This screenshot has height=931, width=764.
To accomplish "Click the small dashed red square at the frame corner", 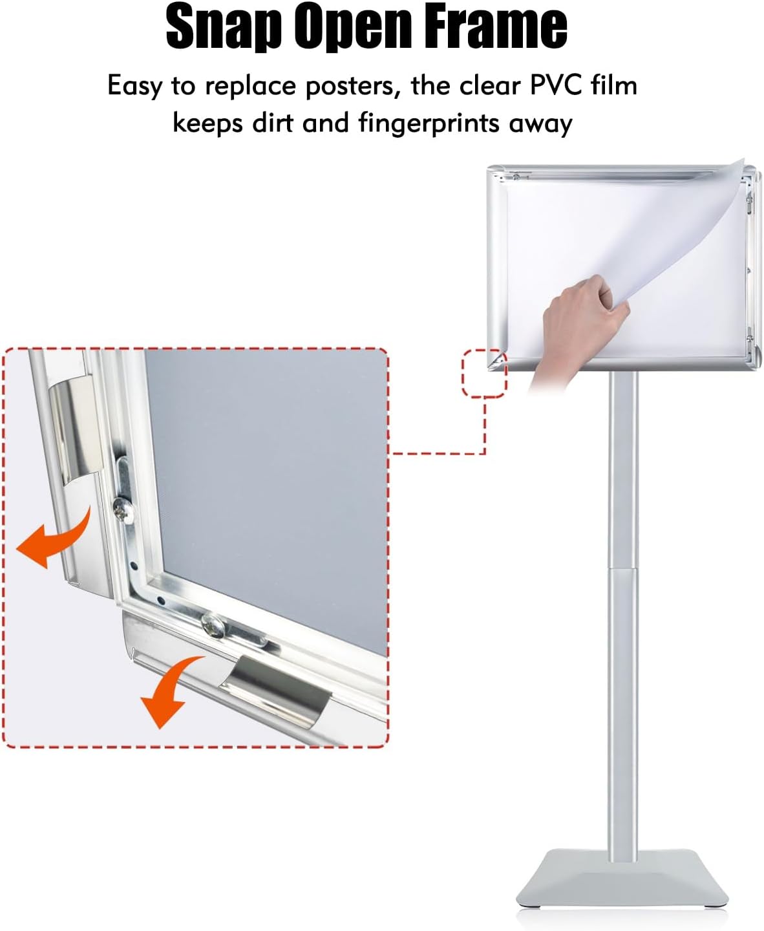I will coord(484,373).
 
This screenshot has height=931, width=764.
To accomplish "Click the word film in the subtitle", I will coord(615,85).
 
